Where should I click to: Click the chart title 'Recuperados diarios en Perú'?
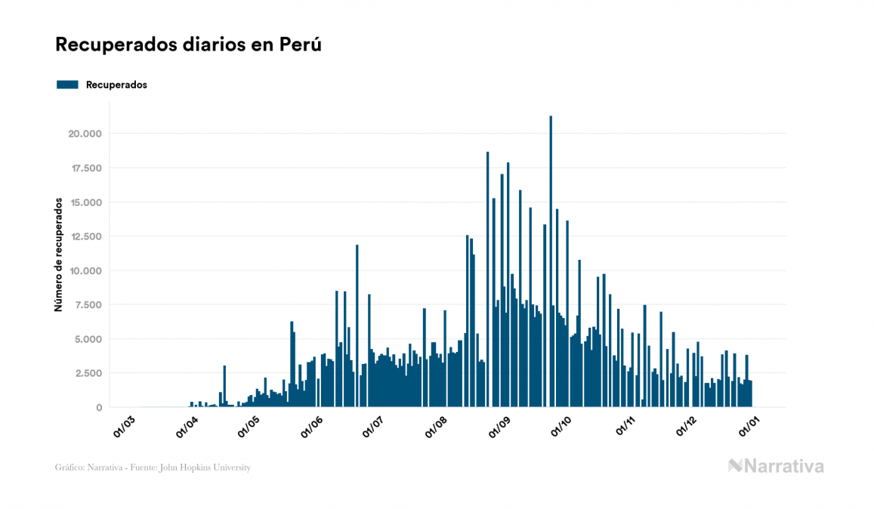[189, 45]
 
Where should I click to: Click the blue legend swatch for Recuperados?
[67, 85]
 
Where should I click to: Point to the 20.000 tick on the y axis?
[85, 134]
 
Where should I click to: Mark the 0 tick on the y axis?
[99, 407]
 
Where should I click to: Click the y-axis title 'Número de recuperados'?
[57, 255]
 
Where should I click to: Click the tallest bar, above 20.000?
[551, 264]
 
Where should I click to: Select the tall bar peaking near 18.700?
[487, 279]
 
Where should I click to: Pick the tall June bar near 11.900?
[357, 325]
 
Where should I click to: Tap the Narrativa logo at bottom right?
[776, 466]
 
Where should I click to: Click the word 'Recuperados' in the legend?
[116, 85]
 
